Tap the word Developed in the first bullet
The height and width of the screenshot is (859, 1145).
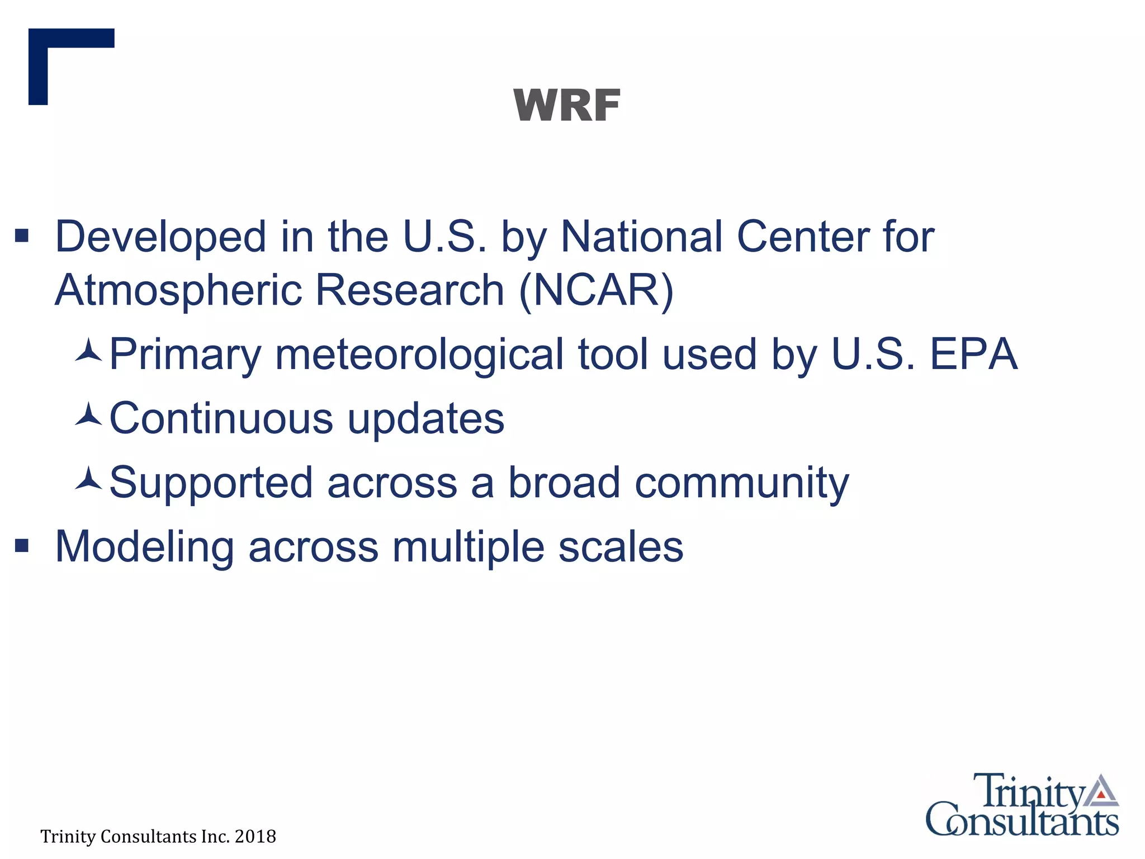pos(160,237)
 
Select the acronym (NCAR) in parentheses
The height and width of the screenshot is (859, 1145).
pos(596,290)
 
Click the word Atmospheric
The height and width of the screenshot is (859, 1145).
pos(177,290)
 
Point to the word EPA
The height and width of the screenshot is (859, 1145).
pos(973,354)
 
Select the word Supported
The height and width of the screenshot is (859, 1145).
pos(211,483)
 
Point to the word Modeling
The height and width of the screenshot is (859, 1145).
pos(144,547)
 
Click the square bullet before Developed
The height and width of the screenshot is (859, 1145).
pos(22,235)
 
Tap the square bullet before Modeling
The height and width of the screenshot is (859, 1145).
pos(22,545)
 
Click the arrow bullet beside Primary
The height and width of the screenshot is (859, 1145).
pos(88,351)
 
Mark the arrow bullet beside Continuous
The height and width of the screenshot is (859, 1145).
pos(88,414)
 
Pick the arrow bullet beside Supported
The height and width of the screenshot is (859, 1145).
pos(88,479)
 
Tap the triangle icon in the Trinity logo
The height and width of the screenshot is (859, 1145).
pos(1101,791)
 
